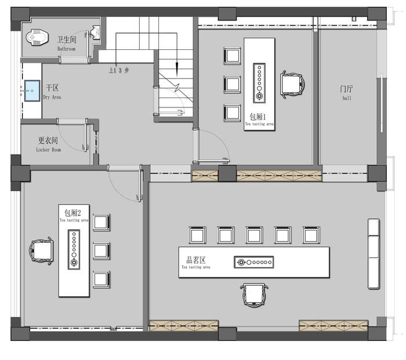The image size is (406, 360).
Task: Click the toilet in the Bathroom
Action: coord(37,37)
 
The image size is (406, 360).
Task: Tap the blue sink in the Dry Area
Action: coord(32,91)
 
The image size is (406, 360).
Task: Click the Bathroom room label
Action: coord(67,44)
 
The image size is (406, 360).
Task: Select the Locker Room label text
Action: coord(48,144)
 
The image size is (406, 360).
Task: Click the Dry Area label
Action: coord(52,92)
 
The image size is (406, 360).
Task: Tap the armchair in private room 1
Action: coord(292,84)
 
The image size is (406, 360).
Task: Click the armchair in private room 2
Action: coord(41,251)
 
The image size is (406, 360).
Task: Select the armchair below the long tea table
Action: coord(254,295)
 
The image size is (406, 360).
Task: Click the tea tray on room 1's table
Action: coord(259,83)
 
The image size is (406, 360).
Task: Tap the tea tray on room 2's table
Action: coord(74,249)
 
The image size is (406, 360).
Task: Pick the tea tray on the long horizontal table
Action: coord(254,262)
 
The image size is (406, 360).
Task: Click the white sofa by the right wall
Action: coord(374,254)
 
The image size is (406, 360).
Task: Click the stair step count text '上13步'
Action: coord(118,70)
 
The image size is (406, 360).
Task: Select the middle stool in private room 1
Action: coord(232,84)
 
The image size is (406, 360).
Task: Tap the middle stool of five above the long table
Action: coord(254,235)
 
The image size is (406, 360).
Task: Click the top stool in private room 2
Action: coord(101,222)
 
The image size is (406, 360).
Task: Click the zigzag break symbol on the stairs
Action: coord(177,88)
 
